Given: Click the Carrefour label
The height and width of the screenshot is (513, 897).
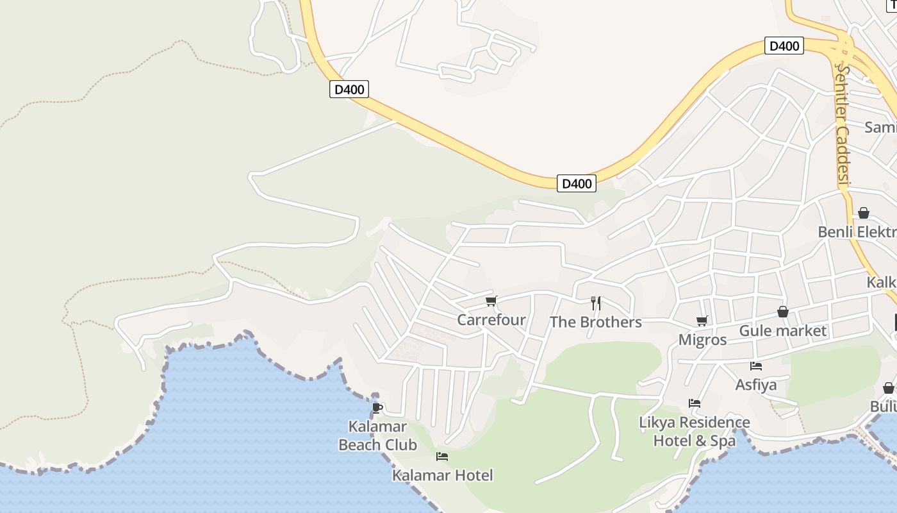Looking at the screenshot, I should [491, 319].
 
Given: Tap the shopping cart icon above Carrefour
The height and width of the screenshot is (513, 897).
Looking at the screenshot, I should [491, 301].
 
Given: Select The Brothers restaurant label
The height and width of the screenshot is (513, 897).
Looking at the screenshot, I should [595, 322].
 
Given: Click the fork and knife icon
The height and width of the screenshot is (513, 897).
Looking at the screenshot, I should [596, 303].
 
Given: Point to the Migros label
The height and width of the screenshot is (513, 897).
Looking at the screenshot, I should [702, 339].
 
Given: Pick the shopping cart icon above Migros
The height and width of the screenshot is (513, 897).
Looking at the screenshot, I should [702, 321].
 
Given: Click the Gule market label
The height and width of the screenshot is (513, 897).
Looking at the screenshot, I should [783, 331].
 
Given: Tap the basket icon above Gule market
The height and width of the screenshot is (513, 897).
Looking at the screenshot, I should [782, 312].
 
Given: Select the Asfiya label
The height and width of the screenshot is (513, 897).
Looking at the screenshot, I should [756, 385].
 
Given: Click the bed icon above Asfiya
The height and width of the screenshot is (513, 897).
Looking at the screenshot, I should [756, 366].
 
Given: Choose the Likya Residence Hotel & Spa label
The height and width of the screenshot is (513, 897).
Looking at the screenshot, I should [695, 431].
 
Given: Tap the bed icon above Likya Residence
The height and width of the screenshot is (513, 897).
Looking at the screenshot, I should [695, 403].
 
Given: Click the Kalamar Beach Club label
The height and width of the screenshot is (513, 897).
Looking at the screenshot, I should [377, 435].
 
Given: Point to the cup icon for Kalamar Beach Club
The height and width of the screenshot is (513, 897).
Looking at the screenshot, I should [377, 407].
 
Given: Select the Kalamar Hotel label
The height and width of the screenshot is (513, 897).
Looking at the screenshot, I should [443, 475].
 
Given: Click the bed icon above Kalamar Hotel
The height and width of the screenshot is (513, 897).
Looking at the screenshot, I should [442, 457].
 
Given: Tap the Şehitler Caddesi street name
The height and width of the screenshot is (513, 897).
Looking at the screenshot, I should [843, 125].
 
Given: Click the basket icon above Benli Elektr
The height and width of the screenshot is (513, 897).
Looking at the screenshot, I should [864, 213].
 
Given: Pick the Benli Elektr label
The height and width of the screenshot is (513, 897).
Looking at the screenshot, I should [857, 231].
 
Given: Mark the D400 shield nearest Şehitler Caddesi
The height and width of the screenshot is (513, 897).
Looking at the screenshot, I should [784, 46].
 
